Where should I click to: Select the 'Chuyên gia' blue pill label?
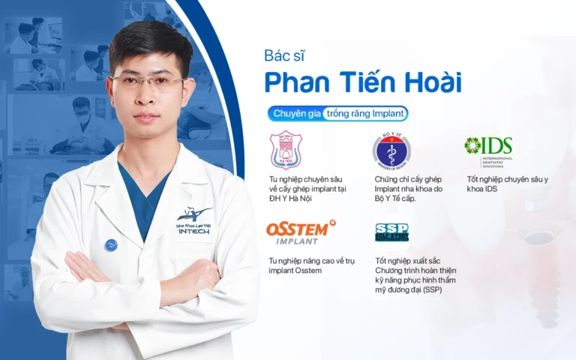296,114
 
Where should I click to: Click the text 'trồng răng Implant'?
364,114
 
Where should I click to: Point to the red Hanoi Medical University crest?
285,150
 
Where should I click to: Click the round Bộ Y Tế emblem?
391,149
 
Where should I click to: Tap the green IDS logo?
488,147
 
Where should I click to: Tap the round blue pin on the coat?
111,244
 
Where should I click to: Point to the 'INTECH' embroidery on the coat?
194,231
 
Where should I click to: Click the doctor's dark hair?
148,42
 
